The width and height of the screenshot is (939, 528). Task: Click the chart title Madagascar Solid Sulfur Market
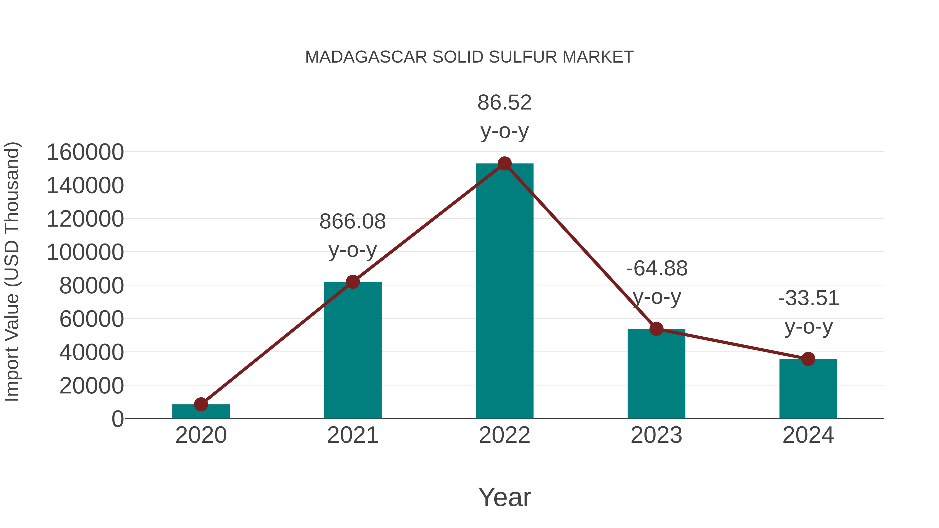coord(469,57)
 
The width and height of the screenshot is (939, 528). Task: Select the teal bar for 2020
coord(201,412)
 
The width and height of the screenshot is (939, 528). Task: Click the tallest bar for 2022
coord(504,292)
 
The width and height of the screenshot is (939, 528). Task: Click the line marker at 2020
coord(201,404)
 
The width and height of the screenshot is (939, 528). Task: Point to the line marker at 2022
coord(504,163)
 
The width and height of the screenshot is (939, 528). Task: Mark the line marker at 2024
coord(808,359)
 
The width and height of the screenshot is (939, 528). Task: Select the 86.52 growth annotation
coord(504,103)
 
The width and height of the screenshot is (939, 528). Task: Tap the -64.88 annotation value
coord(657,269)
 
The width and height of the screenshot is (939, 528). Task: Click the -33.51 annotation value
coord(809,299)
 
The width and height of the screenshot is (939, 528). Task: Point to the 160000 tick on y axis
coord(85,152)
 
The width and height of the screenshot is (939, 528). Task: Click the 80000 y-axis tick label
coord(92,286)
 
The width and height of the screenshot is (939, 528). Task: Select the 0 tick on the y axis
coord(118,419)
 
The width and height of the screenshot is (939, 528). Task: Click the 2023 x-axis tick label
coord(656,435)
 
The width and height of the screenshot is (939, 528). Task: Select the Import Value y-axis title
coord(12,272)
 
